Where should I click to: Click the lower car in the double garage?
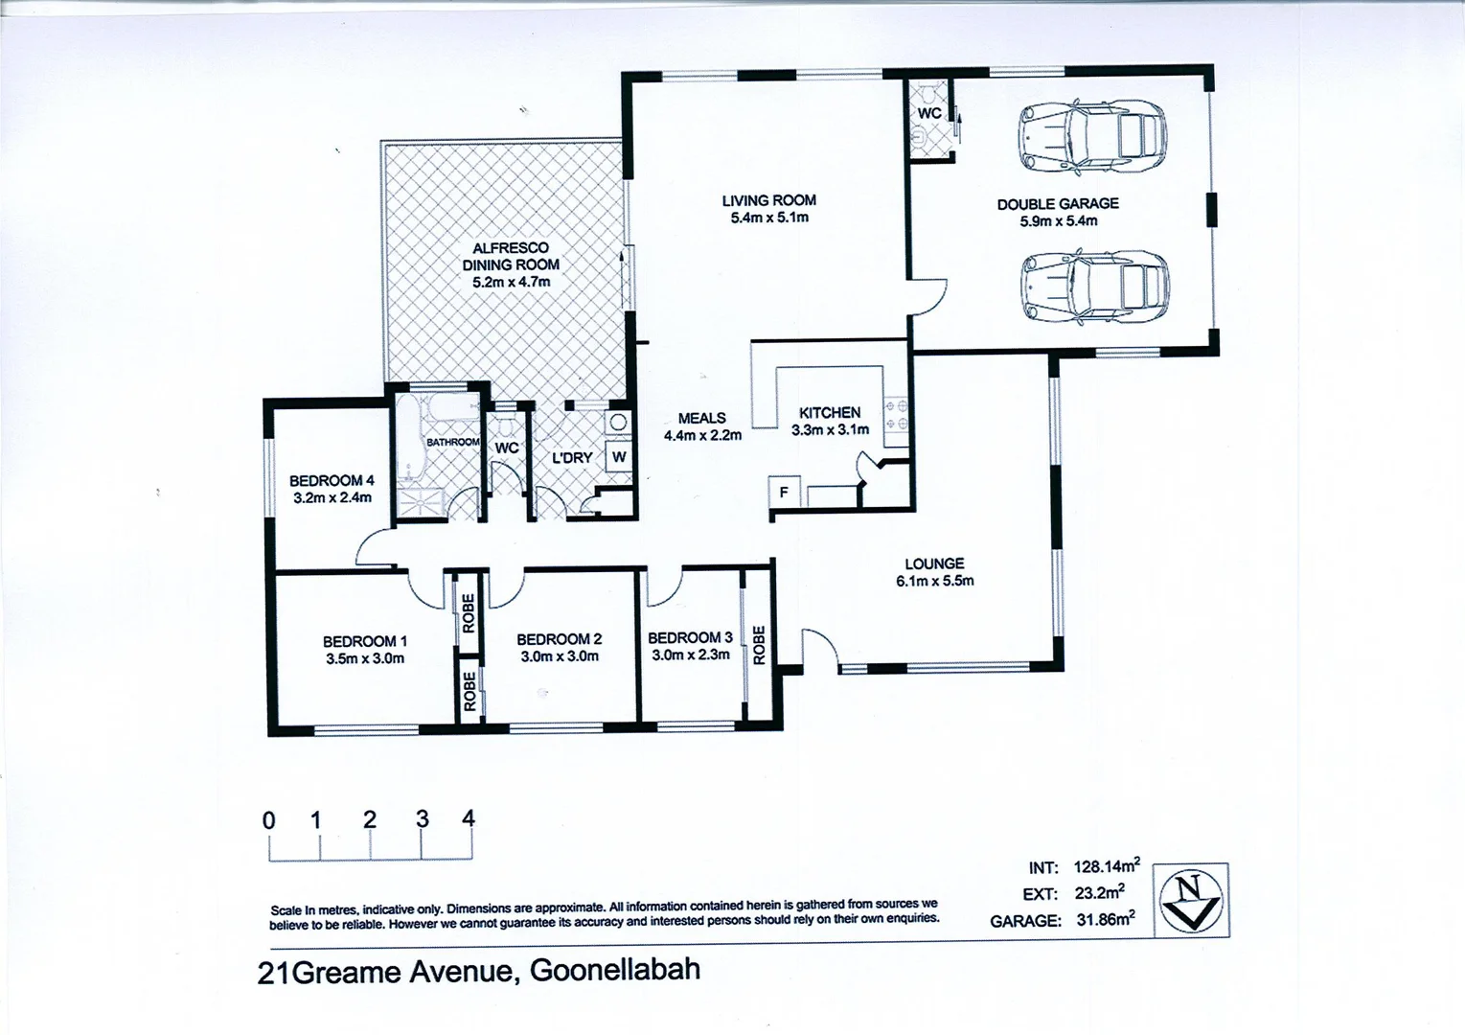[x=1093, y=287]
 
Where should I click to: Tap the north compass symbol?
[x=1190, y=900]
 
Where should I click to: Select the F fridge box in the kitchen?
[x=784, y=493]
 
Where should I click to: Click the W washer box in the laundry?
[x=619, y=457]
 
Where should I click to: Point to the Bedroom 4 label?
[x=332, y=480]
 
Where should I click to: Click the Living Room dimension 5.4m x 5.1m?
[x=768, y=218]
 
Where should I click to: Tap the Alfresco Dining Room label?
[x=511, y=256]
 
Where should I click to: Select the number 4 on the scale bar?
[x=468, y=818]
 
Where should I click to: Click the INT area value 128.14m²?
[x=1106, y=866]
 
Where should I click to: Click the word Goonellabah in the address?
[x=614, y=970]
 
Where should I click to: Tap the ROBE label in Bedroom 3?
[x=759, y=645]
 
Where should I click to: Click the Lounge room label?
[x=934, y=563]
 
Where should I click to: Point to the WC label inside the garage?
[x=929, y=113]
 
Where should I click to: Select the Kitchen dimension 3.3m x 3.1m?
[x=830, y=430]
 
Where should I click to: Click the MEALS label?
[x=701, y=418]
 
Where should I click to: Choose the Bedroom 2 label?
[x=559, y=639]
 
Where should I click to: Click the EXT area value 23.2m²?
[x=1099, y=893]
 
